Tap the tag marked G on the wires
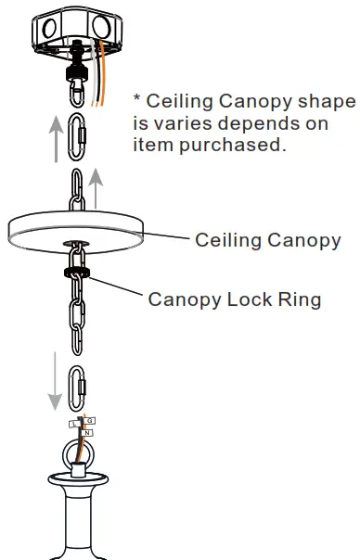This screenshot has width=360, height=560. pyautogui.click(x=90, y=420)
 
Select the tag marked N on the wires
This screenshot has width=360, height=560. pyautogui.click(x=86, y=432)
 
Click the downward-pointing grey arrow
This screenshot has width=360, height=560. pyautogui.click(x=55, y=380)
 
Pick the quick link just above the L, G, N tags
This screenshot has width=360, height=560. pyautogui.click(x=78, y=388)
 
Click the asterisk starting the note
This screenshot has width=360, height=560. pyautogui.click(x=137, y=98)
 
